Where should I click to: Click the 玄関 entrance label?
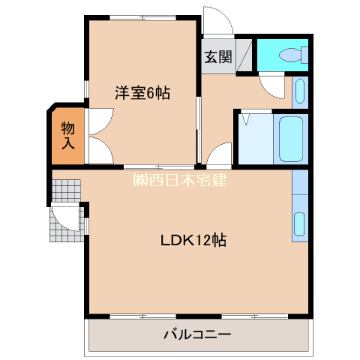coord(218,57)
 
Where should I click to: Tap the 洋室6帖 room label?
coord(142,93)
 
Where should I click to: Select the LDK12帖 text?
coord(193,240)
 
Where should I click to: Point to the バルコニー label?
coord(197,334)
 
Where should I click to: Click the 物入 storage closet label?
coord(68,135)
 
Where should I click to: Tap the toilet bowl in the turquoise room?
coord(290,55)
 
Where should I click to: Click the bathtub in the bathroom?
coord(291,139)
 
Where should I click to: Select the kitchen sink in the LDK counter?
coord(299,224)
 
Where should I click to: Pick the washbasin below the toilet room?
coord(300,91)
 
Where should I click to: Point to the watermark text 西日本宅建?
coord(180,180)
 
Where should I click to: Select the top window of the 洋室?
coord(143,18)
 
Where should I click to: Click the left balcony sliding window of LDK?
coord(143,316)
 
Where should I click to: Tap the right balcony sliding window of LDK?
coord(255,316)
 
